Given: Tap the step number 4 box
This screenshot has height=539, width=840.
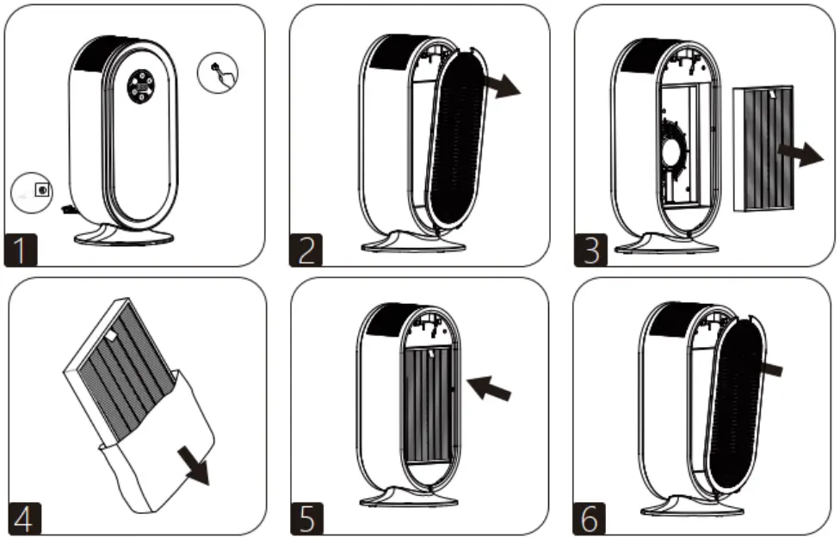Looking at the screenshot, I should [x=23, y=519].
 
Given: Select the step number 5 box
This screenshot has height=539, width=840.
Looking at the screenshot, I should [x=306, y=519].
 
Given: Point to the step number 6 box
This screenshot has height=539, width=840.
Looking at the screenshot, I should [x=590, y=519].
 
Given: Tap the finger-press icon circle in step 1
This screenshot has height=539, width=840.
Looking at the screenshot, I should [x=218, y=71].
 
